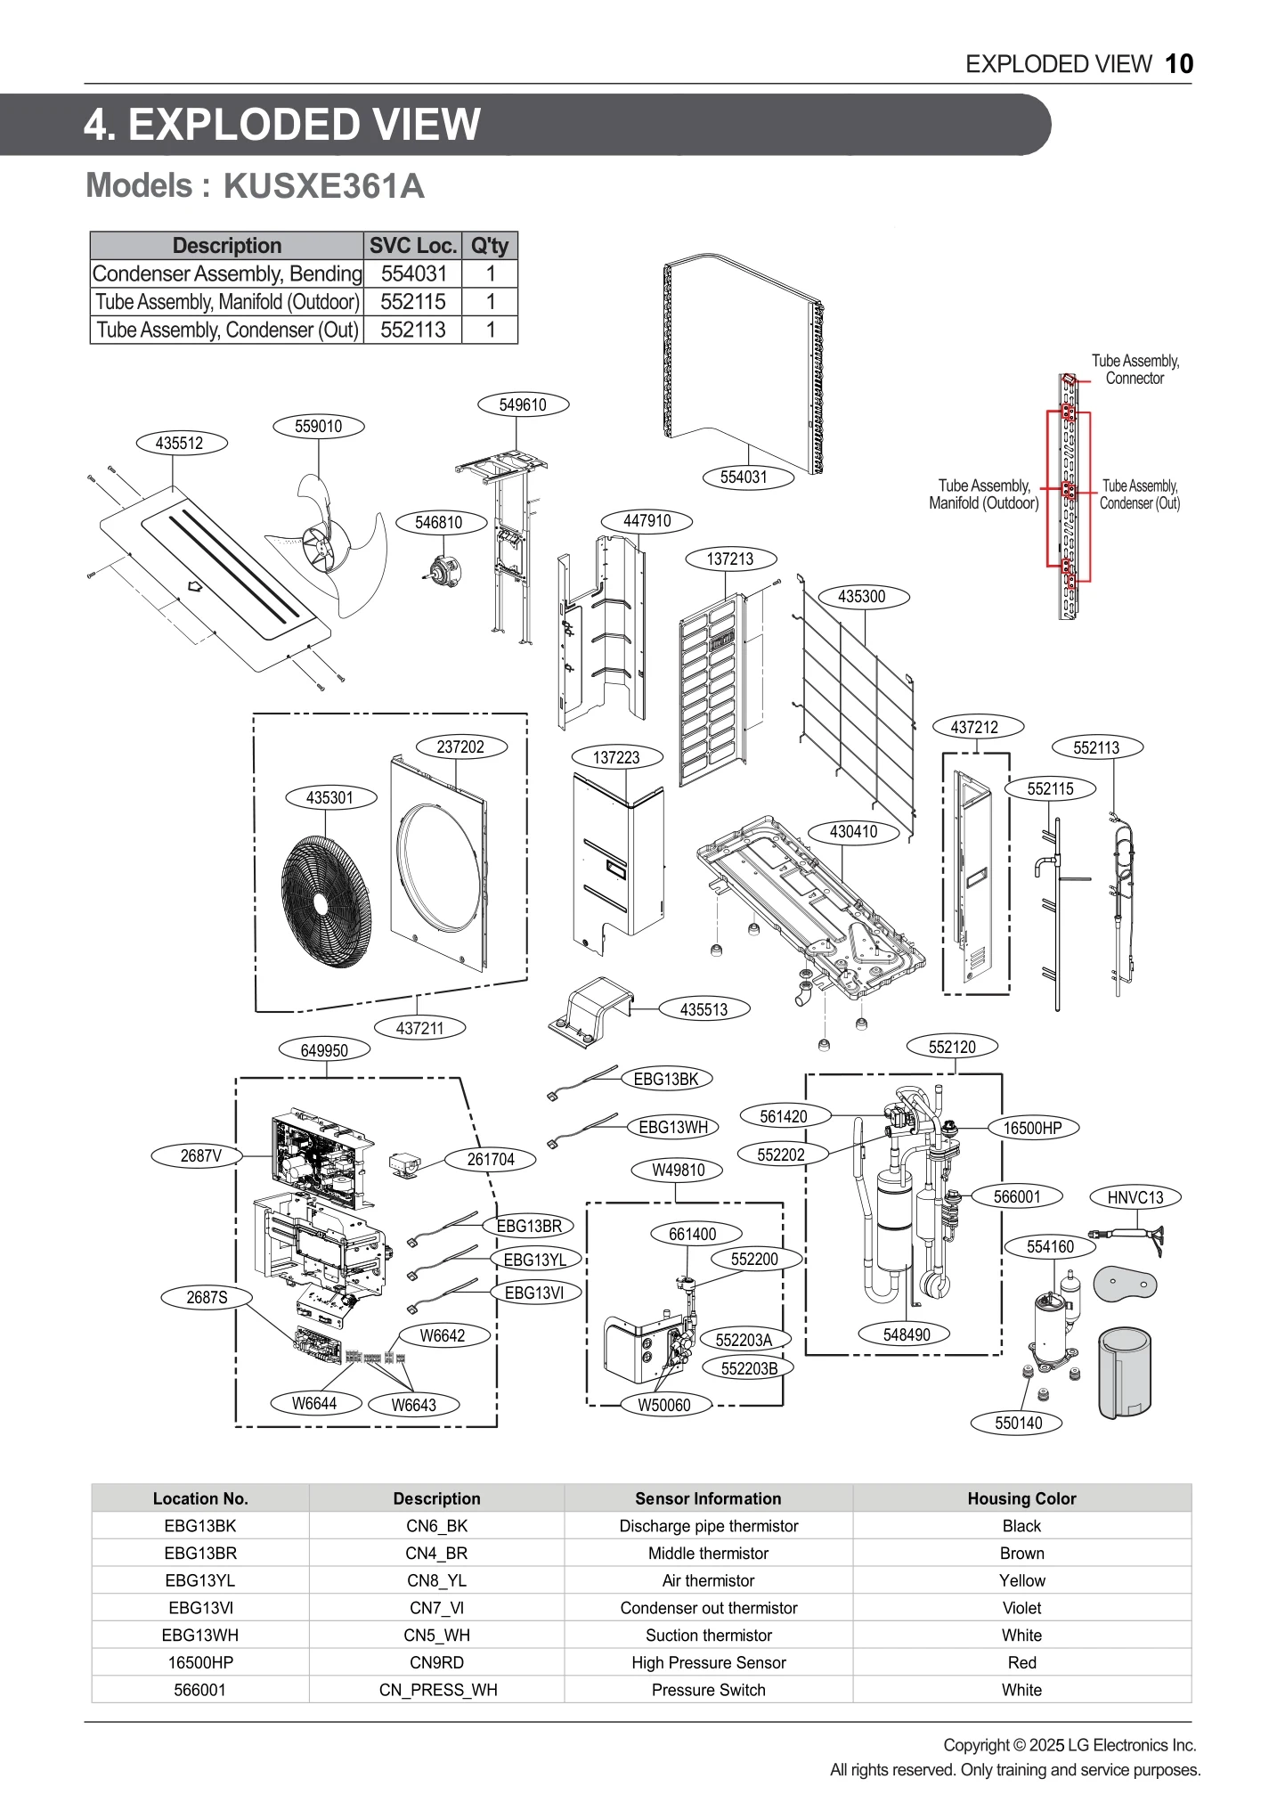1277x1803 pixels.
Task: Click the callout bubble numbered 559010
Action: point(318,426)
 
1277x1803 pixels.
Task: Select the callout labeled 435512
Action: point(180,443)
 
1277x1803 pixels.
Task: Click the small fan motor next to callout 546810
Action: point(442,570)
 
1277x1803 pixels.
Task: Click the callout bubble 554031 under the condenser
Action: point(744,477)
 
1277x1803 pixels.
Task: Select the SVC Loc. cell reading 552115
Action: point(412,302)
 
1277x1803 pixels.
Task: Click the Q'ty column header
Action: point(490,246)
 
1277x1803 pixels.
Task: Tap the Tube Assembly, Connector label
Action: point(1135,369)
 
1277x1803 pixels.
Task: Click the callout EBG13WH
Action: point(673,1127)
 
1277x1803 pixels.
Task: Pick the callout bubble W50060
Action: point(664,1405)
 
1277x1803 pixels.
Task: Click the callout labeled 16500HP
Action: point(1032,1128)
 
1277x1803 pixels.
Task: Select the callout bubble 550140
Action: point(1018,1423)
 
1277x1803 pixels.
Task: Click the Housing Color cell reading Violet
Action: point(1021,1608)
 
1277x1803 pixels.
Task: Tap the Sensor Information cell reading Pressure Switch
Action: point(708,1690)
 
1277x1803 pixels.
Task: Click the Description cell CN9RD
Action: point(436,1662)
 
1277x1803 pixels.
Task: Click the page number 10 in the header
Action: point(1179,64)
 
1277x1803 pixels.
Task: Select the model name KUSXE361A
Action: point(323,186)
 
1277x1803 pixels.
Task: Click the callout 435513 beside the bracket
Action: point(704,1009)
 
